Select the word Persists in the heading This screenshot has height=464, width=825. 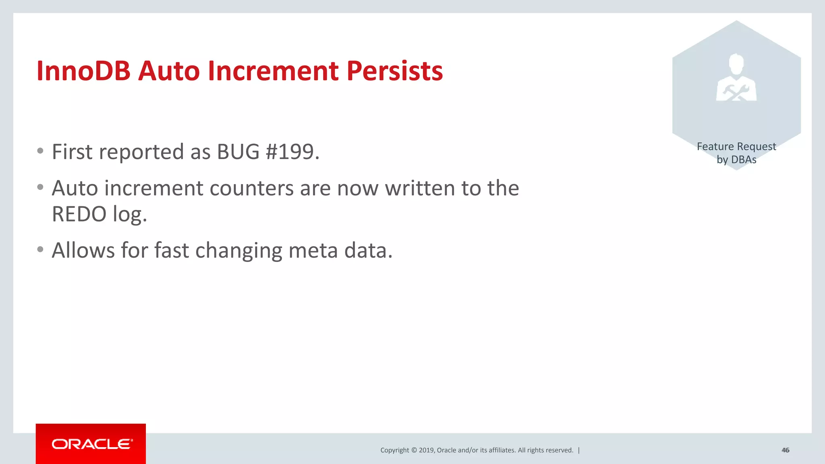(394, 71)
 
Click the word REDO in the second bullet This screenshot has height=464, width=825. (79, 214)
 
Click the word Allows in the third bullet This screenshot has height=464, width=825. (83, 250)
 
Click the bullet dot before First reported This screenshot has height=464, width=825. (40, 151)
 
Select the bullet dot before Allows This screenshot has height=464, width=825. (40, 250)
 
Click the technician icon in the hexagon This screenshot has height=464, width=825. (736, 78)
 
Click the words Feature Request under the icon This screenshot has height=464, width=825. (736, 146)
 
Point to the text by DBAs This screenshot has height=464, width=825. (736, 159)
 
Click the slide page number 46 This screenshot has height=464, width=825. (785, 450)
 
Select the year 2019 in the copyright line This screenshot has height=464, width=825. (426, 450)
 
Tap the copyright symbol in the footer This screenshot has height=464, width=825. (414, 450)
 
